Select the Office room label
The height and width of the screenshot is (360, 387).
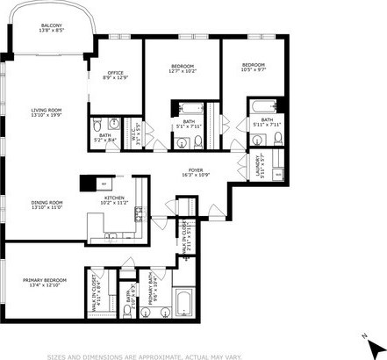pyautogui.click(x=117, y=76)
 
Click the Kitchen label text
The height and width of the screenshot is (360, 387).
pyautogui.click(x=117, y=201)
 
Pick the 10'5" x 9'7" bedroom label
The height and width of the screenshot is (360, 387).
pyautogui.click(x=253, y=68)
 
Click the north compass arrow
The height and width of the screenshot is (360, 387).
pyautogui.click(x=365, y=336)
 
